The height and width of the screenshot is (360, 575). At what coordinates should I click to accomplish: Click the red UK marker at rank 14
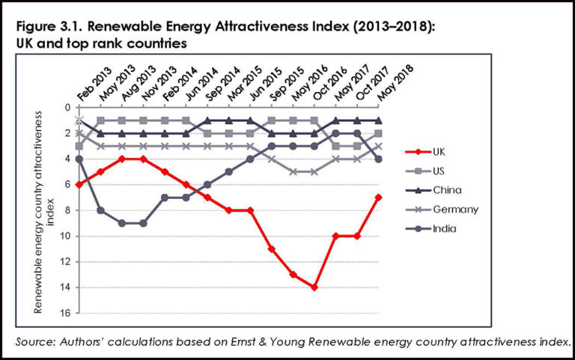click(x=315, y=287)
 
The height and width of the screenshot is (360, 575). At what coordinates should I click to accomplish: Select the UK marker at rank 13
click(x=293, y=274)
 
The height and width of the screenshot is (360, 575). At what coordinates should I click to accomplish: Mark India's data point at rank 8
click(x=100, y=210)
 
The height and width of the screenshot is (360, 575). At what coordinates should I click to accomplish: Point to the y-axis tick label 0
click(x=67, y=108)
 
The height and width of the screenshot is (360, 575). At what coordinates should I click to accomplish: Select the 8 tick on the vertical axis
click(x=67, y=210)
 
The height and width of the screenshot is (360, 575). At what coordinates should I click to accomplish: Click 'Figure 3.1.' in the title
click(x=46, y=28)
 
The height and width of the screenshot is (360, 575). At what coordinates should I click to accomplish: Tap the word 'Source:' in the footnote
click(x=37, y=341)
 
